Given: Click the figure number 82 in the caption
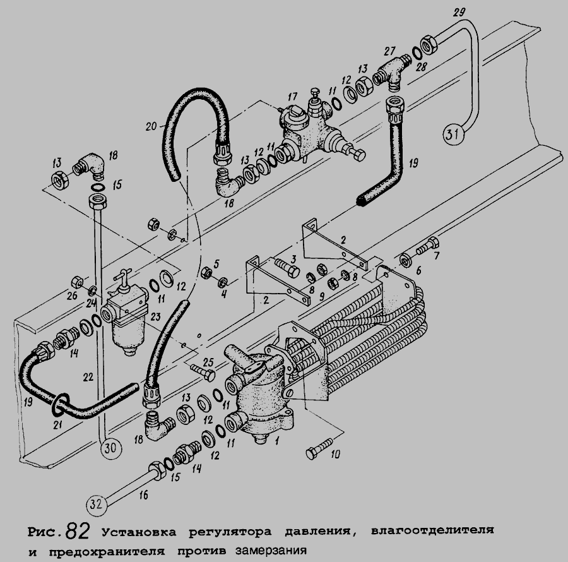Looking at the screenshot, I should (78, 527).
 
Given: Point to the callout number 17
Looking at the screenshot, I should (292, 98).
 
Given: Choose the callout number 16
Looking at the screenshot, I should (144, 497).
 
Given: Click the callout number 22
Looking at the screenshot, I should (88, 376).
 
